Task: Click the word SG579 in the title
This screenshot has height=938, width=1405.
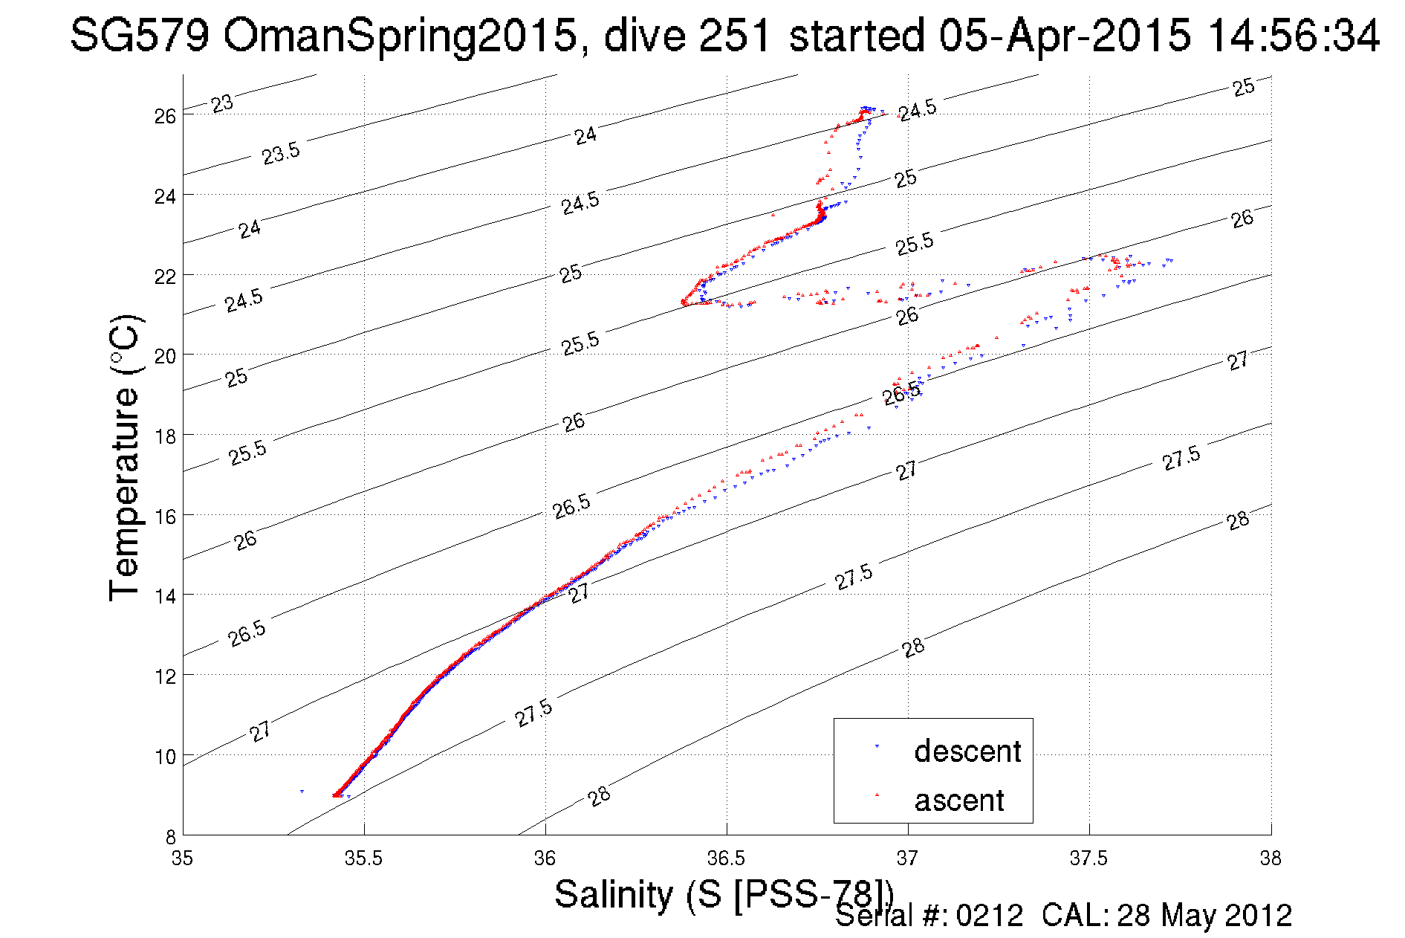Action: [140, 36]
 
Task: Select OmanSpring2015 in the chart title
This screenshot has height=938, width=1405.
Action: [400, 36]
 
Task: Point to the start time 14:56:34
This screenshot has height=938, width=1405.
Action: [1294, 36]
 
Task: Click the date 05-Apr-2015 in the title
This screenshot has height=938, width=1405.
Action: [1064, 36]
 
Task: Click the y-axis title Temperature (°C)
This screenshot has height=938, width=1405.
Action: [124, 458]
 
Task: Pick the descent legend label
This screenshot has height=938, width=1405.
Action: [967, 751]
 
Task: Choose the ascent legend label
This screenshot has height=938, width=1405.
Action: [958, 800]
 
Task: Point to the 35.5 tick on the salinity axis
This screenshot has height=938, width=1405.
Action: [363, 858]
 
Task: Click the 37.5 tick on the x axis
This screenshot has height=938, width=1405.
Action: [1088, 858]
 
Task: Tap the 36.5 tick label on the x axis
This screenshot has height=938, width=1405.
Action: [726, 858]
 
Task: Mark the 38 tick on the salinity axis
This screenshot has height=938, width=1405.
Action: [1270, 858]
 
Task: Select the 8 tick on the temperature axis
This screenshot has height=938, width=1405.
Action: [170, 836]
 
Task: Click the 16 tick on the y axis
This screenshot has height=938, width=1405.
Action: [166, 516]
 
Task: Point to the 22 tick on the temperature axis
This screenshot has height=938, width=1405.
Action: [165, 276]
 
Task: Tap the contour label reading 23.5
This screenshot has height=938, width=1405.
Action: [281, 153]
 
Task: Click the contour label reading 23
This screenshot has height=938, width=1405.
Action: [221, 103]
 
